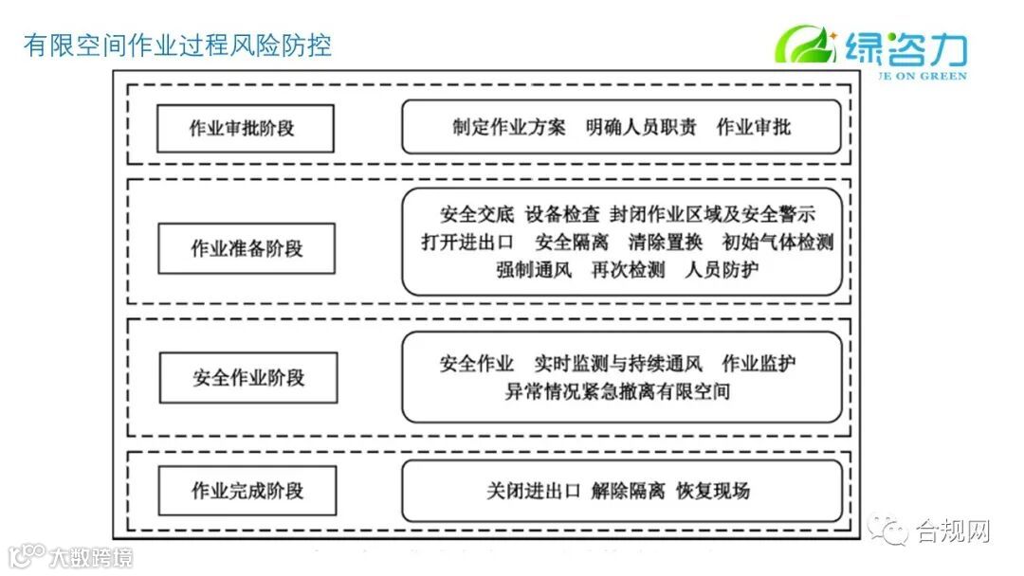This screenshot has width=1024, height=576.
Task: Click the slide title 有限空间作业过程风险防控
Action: point(177,45)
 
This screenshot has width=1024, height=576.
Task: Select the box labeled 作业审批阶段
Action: point(246,128)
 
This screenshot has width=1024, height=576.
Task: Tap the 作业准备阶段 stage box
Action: point(247,249)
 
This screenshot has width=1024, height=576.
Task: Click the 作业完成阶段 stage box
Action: point(247,491)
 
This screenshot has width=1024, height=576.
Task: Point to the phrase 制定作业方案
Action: point(509,127)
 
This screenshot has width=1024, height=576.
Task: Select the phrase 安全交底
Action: point(478,215)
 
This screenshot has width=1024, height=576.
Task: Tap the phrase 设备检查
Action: point(562,215)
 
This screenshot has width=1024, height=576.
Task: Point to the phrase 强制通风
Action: point(534,270)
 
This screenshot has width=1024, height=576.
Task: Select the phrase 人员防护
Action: point(722,270)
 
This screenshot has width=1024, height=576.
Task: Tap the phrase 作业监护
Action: point(759,364)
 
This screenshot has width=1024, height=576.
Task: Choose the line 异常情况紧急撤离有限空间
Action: point(617,391)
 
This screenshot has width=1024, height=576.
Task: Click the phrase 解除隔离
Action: point(628,491)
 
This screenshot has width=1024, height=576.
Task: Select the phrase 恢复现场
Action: point(713,491)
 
